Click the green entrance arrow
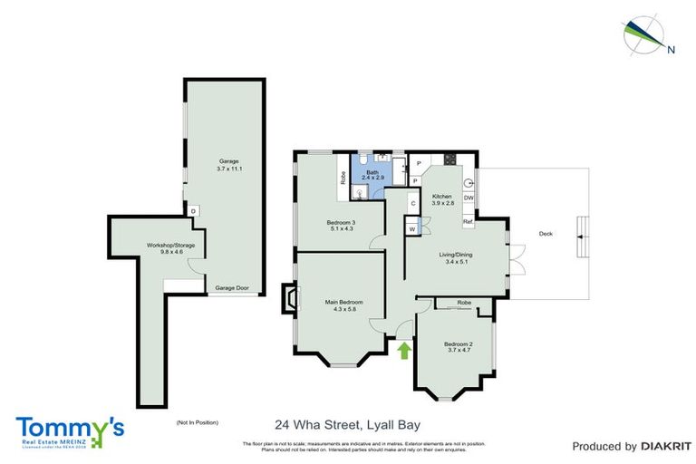404,349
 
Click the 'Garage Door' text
231,288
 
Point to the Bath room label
372,171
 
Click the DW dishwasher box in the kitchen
469,198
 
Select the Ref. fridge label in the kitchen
468,222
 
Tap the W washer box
411,229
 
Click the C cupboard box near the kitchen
412,203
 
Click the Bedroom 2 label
458,343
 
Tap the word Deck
546,234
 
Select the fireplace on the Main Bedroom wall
289,299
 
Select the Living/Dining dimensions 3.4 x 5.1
448,263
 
